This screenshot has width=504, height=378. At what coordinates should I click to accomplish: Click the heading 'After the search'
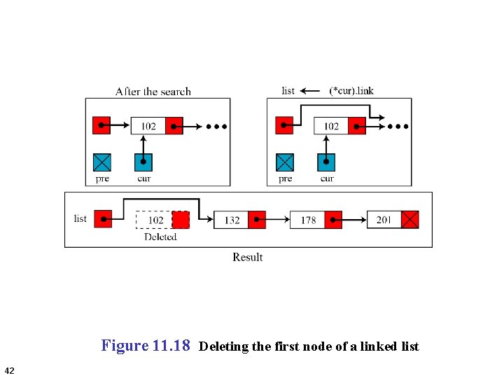(153, 91)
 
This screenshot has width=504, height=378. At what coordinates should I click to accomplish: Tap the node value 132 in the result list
(232, 220)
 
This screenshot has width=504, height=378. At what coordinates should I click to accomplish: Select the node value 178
(308, 220)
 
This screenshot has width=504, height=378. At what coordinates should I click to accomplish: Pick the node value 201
(384, 220)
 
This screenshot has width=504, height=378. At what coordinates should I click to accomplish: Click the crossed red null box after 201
(410, 220)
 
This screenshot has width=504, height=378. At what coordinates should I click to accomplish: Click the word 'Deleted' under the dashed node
(160, 237)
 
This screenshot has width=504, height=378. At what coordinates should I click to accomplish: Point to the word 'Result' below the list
(248, 257)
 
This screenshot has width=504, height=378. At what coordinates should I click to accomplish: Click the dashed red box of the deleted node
(181, 220)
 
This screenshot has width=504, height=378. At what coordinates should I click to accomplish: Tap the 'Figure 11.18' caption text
(146, 345)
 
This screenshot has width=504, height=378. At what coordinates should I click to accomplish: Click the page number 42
(9, 370)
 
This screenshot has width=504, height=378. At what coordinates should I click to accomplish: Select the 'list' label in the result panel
(80, 218)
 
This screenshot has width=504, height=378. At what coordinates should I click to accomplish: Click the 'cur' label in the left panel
(143, 178)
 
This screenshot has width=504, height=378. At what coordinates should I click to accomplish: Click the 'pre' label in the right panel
(285, 178)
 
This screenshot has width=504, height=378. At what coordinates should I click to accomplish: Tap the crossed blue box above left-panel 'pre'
(102, 162)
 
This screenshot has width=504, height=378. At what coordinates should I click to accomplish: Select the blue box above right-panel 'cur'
(326, 162)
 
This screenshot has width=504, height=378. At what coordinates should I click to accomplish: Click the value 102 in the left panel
(148, 126)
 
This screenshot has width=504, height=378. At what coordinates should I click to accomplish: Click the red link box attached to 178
(333, 220)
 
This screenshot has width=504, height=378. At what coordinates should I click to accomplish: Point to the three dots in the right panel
(399, 127)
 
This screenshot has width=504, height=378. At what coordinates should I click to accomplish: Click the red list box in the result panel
(103, 219)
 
